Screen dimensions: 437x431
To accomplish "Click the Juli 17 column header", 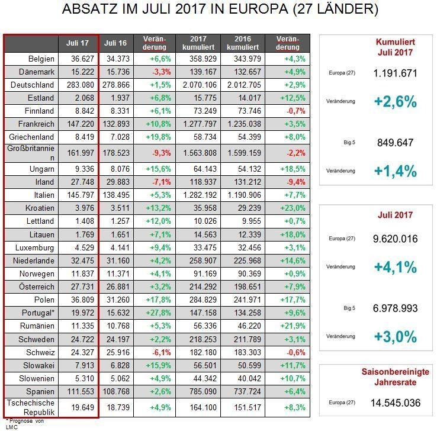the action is pyautogui.click(x=77, y=43).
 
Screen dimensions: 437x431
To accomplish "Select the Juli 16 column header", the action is pyautogui.click(x=115, y=43).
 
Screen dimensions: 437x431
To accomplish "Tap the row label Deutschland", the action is pyautogui.click(x=33, y=85).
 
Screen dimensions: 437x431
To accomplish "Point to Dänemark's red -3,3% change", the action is pyautogui.click(x=162, y=72).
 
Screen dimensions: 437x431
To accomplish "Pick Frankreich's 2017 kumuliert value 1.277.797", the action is pyautogui.click(x=200, y=124).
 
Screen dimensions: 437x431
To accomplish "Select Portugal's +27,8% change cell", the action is pyautogui.click(x=158, y=313).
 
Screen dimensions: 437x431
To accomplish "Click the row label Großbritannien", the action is pyautogui.click(x=31, y=153).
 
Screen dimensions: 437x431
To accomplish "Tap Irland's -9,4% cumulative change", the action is pyautogui.click(x=296, y=182).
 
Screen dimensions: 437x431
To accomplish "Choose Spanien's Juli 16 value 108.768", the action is pyautogui.click(x=116, y=391).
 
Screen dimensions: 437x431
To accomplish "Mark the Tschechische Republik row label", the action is pyautogui.click(x=31, y=407).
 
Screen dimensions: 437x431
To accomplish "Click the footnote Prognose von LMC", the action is pyautogui.click(x=25, y=424).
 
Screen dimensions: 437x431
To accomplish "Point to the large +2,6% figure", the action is pyautogui.click(x=395, y=101).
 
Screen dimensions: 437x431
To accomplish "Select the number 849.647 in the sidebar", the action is pyautogui.click(x=395, y=143).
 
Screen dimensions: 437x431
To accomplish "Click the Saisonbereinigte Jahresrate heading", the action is pyautogui.click(x=395, y=377).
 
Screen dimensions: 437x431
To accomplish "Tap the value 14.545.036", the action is pyautogui.click(x=395, y=403).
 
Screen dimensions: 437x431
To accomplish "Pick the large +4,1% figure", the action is pyautogui.click(x=395, y=267).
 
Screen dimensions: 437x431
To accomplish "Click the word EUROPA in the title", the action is pyautogui.click(x=258, y=9).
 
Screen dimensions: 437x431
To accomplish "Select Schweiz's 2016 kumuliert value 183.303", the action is pyautogui.click(x=248, y=352).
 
